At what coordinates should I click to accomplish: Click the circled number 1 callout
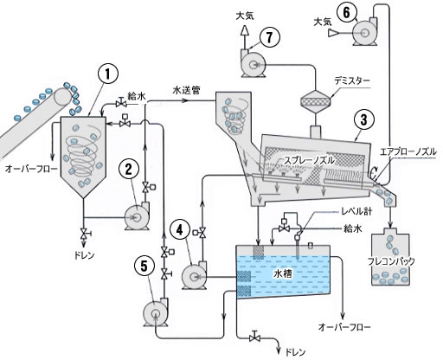click(108, 74)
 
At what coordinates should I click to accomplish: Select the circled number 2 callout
click(128, 170)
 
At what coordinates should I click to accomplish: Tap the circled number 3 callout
click(364, 119)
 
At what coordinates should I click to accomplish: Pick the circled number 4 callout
click(180, 229)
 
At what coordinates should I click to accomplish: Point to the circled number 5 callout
click(144, 267)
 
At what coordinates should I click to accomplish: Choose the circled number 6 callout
click(347, 12)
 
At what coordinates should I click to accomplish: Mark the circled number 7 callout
click(270, 37)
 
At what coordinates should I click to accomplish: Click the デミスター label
click(352, 81)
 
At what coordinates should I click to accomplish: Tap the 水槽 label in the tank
click(283, 273)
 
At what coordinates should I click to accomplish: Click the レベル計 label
click(356, 211)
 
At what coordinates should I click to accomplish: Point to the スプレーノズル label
click(309, 160)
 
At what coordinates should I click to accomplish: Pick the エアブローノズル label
click(408, 151)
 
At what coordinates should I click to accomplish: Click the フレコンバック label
click(391, 261)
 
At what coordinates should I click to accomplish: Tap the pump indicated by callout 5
click(156, 312)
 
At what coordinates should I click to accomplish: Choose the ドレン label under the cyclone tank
click(84, 255)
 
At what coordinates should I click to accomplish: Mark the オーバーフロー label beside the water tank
click(344, 327)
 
